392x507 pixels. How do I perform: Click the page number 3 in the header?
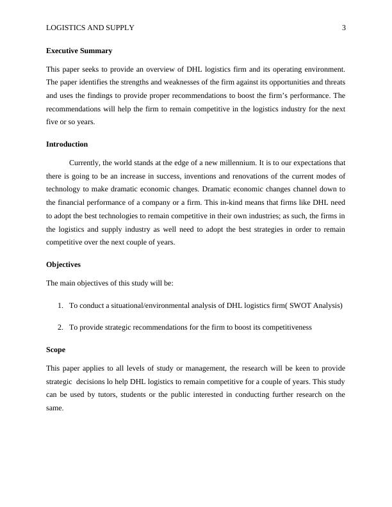(343, 28)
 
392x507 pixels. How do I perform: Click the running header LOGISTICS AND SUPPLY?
(90, 28)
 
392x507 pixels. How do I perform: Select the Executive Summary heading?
(79, 51)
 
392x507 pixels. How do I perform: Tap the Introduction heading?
(67, 144)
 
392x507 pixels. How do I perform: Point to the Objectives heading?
(63, 264)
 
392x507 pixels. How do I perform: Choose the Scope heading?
(56, 350)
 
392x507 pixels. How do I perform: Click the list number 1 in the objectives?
(60, 305)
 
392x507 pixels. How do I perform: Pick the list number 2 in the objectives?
(60, 327)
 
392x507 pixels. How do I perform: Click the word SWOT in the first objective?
(301, 305)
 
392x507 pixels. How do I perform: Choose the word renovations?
(244, 175)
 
